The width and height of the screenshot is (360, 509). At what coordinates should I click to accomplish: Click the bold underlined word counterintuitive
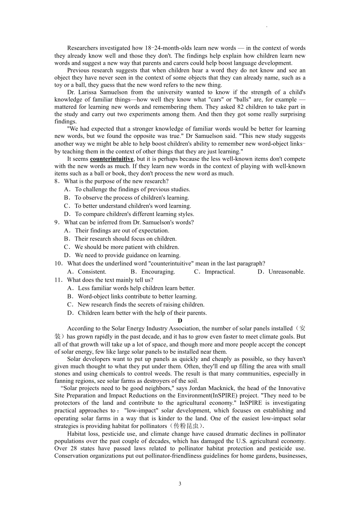click(112, 159)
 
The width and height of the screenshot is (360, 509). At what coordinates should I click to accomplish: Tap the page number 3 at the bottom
click(180, 484)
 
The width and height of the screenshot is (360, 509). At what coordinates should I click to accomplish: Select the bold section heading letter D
click(180, 321)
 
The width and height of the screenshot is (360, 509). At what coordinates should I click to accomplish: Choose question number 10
click(58, 264)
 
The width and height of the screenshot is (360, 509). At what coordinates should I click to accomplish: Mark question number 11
click(58, 280)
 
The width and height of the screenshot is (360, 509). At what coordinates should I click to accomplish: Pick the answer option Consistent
click(92, 272)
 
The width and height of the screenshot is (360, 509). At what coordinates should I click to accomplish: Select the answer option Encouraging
click(158, 272)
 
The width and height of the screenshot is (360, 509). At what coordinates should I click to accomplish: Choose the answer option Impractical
click(220, 272)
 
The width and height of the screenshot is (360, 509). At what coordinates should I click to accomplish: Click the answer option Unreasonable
click(286, 272)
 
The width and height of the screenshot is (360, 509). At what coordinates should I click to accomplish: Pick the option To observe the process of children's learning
click(132, 198)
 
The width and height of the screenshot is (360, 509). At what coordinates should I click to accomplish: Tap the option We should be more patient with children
click(127, 247)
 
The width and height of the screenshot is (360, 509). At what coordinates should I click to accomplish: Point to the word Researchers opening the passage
click(82, 48)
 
